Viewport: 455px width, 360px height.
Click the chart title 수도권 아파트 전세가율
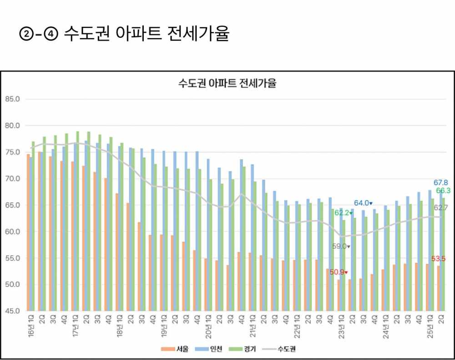pyautogui.click(x=227, y=84)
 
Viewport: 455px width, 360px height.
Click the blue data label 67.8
pyautogui.click(x=440, y=182)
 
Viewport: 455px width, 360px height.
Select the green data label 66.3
pyautogui.click(x=443, y=190)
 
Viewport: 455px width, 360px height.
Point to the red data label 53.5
pyautogui.click(x=438, y=259)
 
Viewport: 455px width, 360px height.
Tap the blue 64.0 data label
pyautogui.click(x=363, y=203)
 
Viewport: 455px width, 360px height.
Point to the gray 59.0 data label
pyautogui.click(x=340, y=246)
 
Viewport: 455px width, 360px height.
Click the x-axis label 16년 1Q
pyautogui.click(x=30, y=327)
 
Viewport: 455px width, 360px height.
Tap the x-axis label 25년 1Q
pyautogui.click(x=430, y=327)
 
